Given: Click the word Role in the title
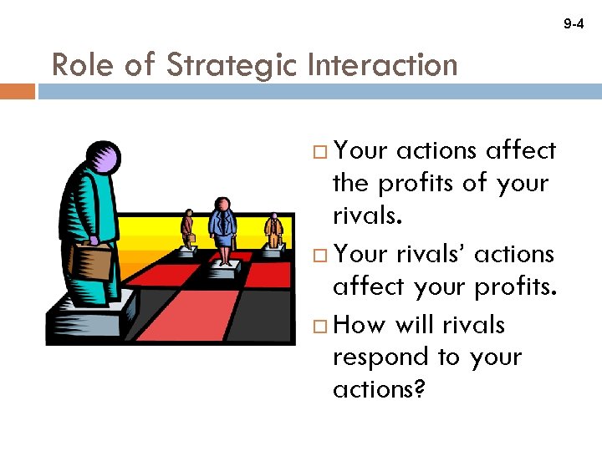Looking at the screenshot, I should click(x=81, y=64).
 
